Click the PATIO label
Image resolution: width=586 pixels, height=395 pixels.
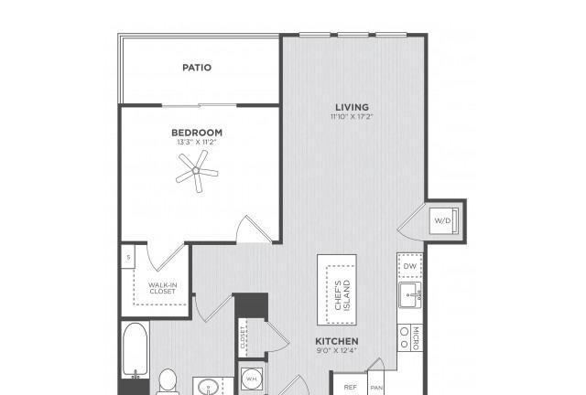[x=197, y=68]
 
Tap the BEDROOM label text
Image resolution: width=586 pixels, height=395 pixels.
[x=197, y=133]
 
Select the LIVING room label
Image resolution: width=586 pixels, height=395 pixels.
[x=352, y=107]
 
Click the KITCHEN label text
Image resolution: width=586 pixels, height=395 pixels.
[x=337, y=341]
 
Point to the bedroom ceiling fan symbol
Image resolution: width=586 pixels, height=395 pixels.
[x=197, y=171]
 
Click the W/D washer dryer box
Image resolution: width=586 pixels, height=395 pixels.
[x=443, y=220]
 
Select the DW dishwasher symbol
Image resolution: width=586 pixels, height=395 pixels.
[x=410, y=266]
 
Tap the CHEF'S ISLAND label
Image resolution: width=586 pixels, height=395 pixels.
[x=342, y=295]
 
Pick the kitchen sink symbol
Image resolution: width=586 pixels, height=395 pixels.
[x=410, y=295]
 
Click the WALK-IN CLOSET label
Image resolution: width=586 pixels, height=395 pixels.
[x=163, y=288]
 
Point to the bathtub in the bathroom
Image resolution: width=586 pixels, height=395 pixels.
[x=135, y=350]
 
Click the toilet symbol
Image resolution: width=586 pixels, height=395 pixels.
[x=168, y=381]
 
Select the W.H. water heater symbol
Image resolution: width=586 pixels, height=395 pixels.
[x=251, y=379]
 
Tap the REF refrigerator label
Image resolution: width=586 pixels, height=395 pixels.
[x=350, y=387]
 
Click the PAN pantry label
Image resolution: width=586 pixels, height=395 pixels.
[x=376, y=389]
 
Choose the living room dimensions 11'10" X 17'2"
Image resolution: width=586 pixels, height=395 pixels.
[x=352, y=116]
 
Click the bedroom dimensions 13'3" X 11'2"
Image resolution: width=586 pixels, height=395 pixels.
[x=197, y=142]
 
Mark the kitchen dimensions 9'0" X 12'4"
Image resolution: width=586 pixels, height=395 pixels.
[x=337, y=350]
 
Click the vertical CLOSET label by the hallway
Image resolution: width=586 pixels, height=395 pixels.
[x=243, y=337]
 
